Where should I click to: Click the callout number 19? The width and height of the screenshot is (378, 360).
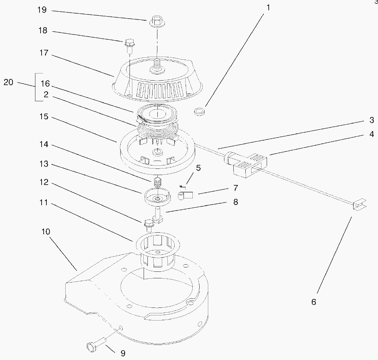tap(42, 10)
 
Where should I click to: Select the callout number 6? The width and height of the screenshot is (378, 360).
tap(314, 302)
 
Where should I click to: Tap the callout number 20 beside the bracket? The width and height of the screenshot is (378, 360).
tap(9, 82)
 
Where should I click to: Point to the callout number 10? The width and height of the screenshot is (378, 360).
tap(46, 232)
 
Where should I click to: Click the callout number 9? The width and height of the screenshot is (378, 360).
tap(123, 353)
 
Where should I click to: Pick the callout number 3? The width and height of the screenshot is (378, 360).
tap(372, 120)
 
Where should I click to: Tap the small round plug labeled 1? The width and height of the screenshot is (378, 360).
tap(199, 112)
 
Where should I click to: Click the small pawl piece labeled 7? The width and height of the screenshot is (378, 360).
tap(186, 195)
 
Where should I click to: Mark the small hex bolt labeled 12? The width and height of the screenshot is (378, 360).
tap(149, 226)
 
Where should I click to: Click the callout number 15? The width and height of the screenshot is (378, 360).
tap(44, 117)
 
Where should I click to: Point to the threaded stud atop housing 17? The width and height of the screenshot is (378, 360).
tap(157, 66)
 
